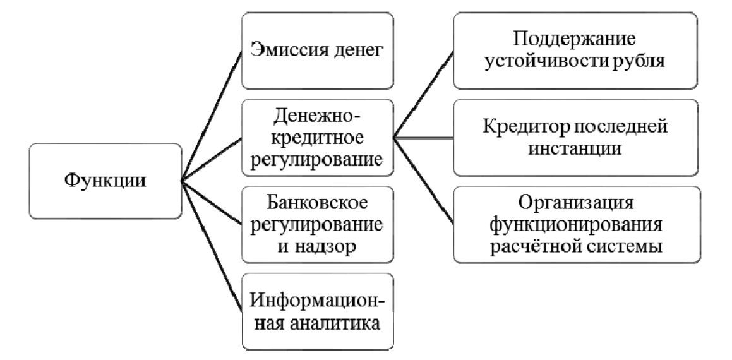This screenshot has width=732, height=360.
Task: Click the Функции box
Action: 105,181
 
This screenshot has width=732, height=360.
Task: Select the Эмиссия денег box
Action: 318,51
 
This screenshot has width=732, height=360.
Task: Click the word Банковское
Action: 318,203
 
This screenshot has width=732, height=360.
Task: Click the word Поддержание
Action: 575,40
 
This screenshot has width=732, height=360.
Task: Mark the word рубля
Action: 642,62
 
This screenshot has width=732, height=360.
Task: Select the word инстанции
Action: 575,148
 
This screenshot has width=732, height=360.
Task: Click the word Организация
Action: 576,203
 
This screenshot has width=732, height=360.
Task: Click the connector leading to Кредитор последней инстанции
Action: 423,138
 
